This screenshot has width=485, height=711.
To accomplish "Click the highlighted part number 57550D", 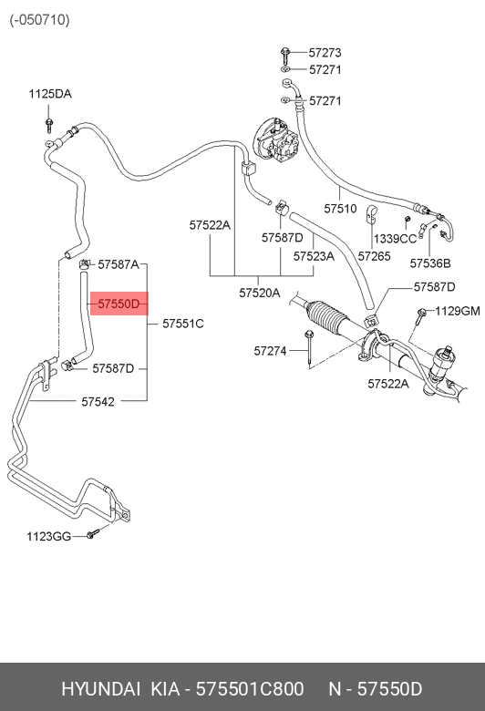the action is [119, 304].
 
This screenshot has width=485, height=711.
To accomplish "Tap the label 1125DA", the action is [50, 94].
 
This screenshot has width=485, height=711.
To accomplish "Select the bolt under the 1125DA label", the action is [49, 125].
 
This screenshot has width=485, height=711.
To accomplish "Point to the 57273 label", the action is [325, 53].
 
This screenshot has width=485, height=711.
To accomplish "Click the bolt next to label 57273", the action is [285, 56].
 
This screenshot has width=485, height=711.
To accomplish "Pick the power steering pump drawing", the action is [275, 141].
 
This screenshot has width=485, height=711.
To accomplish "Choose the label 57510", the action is [340, 209].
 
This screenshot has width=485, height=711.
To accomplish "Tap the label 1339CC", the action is [395, 239].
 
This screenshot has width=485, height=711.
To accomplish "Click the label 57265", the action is [375, 256].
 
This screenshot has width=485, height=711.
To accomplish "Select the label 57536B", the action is [430, 263].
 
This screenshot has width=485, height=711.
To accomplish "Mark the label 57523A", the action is [314, 256].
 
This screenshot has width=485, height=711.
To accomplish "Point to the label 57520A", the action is [260, 293].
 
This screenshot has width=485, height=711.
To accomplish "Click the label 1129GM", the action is [458, 311].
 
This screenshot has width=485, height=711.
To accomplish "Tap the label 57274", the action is [270, 351].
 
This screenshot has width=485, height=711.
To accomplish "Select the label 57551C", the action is [183, 324].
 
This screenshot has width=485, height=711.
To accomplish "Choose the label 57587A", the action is [119, 264].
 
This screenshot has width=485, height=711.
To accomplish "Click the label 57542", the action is [98, 402].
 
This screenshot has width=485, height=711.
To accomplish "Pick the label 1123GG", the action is [49, 537].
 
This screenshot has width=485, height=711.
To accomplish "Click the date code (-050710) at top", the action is [40, 20].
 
